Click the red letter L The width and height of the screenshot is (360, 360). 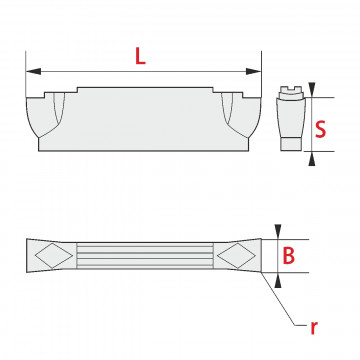point(140,56)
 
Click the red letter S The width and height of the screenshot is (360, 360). point(321,129)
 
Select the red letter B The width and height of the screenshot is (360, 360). point(289,256)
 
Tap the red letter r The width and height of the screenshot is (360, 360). point(313,328)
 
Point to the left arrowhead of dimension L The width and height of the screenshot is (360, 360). point(33,71)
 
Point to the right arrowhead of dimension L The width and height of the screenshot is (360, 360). point(253,71)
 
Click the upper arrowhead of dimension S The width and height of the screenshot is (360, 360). point(312,90)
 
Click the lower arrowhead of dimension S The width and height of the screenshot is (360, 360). point(312,159)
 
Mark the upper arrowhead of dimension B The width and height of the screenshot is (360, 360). point(278,232)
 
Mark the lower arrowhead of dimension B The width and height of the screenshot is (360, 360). point(278,280)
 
